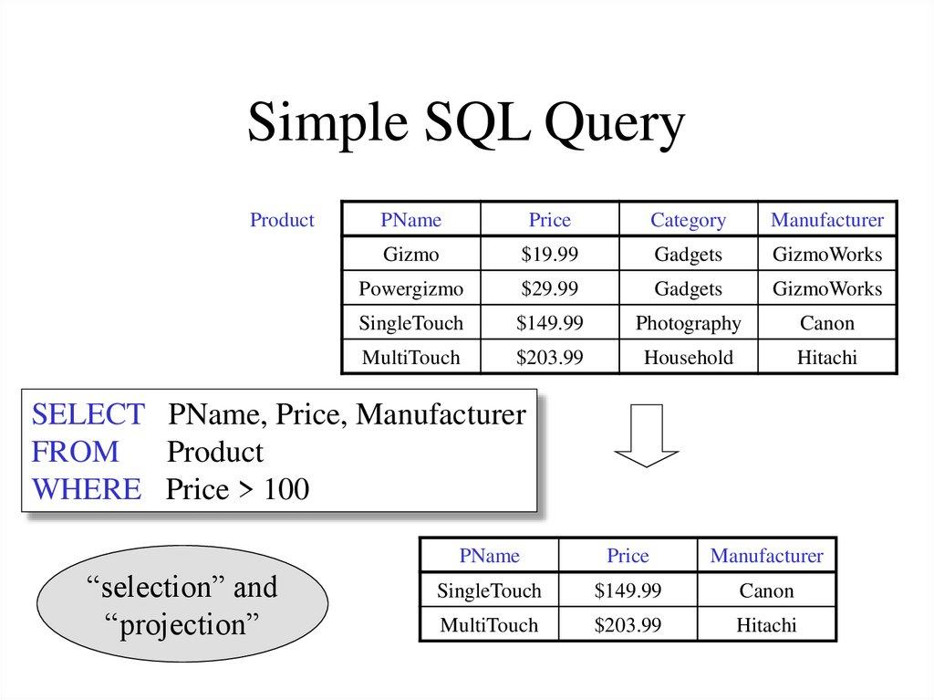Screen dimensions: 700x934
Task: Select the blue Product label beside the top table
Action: pyautogui.click(x=282, y=220)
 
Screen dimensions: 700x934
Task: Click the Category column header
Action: pyautogui.click(x=688, y=220)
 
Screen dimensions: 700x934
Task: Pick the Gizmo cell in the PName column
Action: pyautogui.click(x=411, y=255)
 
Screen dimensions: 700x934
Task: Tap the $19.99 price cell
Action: pyautogui.click(x=549, y=255)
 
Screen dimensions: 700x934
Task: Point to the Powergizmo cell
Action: pyautogui.click(x=411, y=289)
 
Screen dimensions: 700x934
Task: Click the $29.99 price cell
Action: pyautogui.click(x=549, y=289)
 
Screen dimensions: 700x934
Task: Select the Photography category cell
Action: pyautogui.click(x=688, y=323)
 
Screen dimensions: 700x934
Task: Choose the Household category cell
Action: pyautogui.click(x=688, y=358)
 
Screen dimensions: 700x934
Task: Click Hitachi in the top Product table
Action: pyautogui.click(x=826, y=358)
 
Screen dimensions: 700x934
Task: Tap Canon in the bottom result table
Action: pyautogui.click(x=766, y=590)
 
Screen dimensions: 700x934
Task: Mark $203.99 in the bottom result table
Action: pyautogui.click(x=628, y=625)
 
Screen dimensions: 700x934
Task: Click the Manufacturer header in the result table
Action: pyautogui.click(x=766, y=556)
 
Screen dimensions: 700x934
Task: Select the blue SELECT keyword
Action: pyautogui.click(x=88, y=415)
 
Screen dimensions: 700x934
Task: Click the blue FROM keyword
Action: pyautogui.click(x=76, y=452)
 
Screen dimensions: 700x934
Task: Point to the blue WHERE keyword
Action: pyautogui.click(x=87, y=489)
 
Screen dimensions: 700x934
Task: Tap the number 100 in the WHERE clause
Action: pyautogui.click(x=286, y=490)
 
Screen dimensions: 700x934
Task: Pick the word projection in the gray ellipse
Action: pyautogui.click(x=182, y=626)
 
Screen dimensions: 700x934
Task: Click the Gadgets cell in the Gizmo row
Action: pyautogui.click(x=688, y=255)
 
